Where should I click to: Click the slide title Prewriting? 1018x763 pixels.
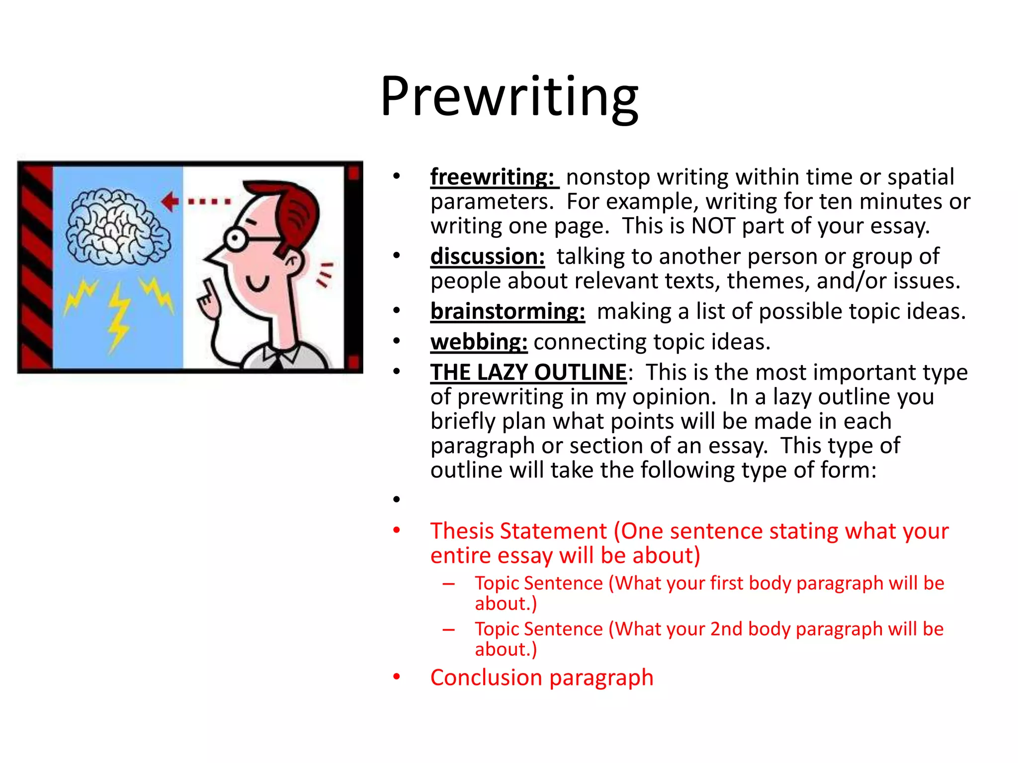coord(509,97)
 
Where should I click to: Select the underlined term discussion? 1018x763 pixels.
coord(487,257)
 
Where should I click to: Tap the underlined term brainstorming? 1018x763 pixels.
coord(508,312)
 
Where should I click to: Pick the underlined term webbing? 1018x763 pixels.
coord(479,342)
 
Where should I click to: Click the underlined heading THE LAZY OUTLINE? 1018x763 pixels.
coord(528,373)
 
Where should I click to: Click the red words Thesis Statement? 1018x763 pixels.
coord(518,532)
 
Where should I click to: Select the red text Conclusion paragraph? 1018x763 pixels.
coord(541,678)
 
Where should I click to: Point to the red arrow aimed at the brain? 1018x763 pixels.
coord(170,202)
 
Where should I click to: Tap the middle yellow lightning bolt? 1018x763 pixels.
coord(118,318)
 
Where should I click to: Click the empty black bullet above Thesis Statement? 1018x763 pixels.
coord(396,499)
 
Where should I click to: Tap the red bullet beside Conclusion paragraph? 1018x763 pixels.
coord(396,677)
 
